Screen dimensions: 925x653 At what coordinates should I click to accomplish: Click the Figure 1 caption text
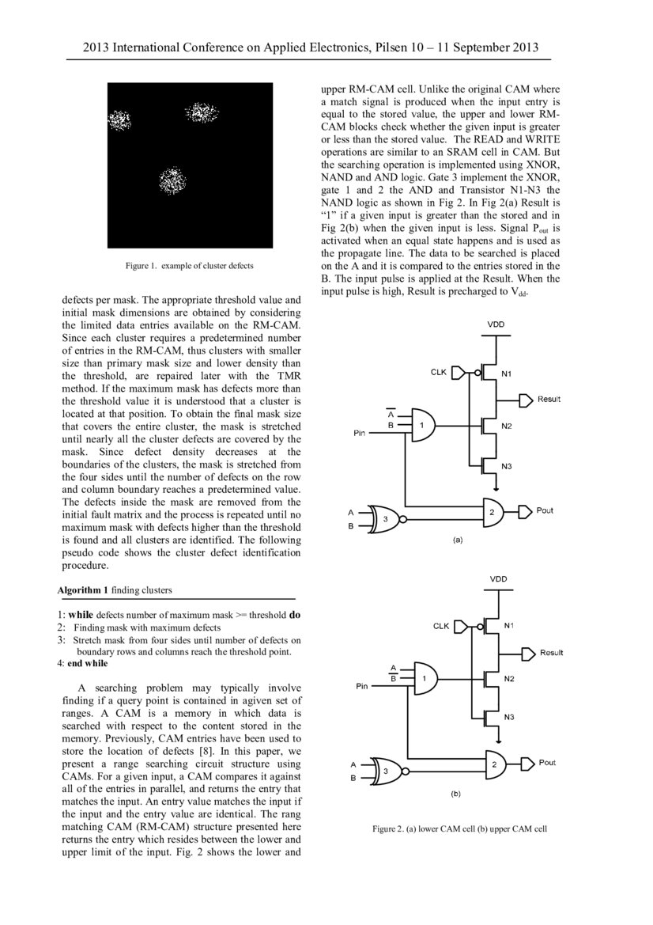tap(190, 266)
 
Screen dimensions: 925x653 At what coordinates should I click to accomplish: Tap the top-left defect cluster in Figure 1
tap(119, 120)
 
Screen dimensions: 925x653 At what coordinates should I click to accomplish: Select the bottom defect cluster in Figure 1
tap(171, 180)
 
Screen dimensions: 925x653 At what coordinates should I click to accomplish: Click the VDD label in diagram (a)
tap(496, 325)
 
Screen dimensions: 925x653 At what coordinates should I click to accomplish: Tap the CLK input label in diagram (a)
tap(438, 371)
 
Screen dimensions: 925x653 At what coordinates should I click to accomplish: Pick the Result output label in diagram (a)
tap(549, 399)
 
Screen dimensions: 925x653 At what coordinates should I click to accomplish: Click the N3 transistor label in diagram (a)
tap(507, 466)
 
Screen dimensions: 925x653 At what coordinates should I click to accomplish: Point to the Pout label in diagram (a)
tap(545, 511)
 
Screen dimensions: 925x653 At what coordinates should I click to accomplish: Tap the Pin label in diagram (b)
tap(362, 687)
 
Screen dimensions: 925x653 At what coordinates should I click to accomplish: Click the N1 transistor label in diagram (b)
tap(509, 626)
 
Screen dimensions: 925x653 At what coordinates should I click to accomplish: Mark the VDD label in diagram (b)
tap(498, 579)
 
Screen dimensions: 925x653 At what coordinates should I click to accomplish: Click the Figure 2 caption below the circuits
tap(459, 828)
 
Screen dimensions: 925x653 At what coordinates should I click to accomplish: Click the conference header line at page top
tap(311, 48)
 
